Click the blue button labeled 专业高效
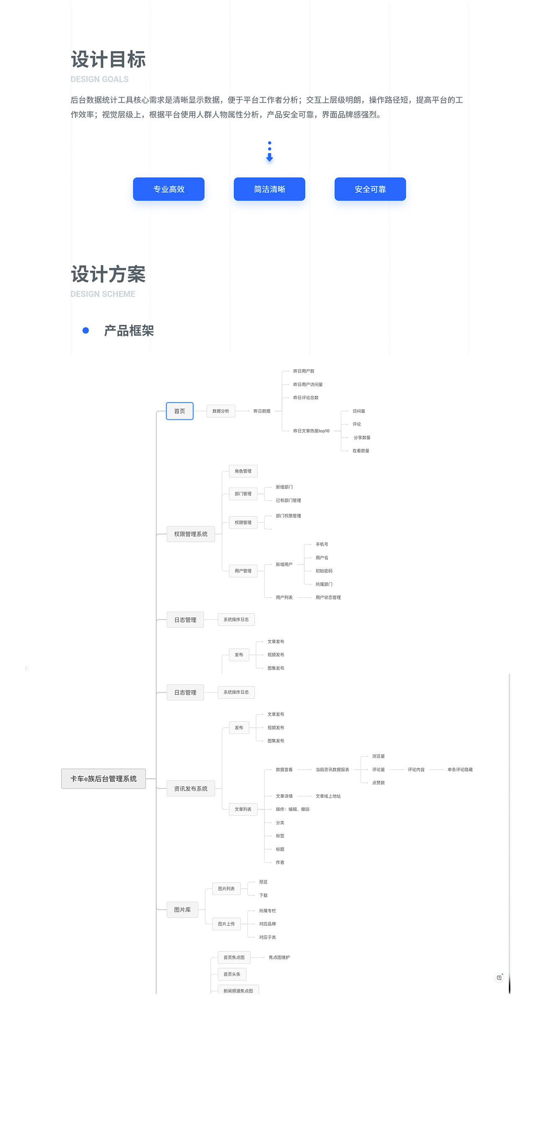coord(169,189)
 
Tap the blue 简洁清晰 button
coord(269,189)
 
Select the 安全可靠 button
coord(370,189)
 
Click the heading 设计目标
coord(108,60)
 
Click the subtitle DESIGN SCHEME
coord(103,294)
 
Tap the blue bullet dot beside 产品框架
coord(86,330)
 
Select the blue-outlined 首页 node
coord(179,411)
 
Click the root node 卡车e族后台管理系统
coord(103,778)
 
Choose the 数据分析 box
coord(221,411)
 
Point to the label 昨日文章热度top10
coord(311,431)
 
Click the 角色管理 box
coord(243,471)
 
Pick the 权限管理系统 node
coord(191,534)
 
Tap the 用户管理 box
coord(243,571)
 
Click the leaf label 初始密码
coord(324,571)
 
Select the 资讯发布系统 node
coord(191,788)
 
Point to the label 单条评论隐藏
coord(460,770)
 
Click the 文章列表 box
coord(243,809)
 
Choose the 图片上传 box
coord(226,924)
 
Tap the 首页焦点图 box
coord(234,957)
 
